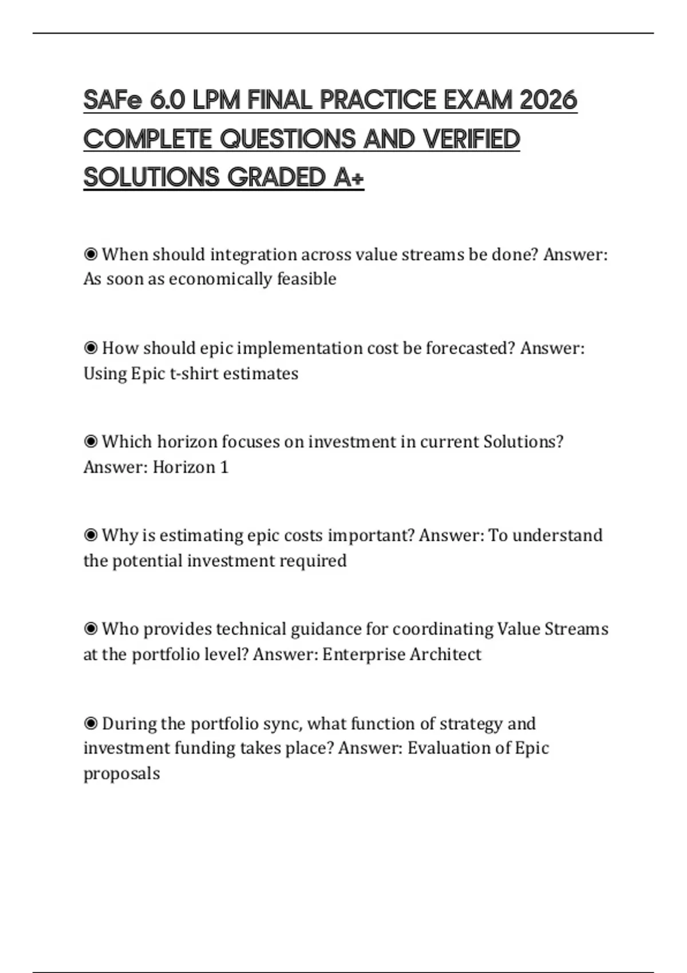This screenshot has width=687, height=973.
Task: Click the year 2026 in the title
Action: [x=548, y=100]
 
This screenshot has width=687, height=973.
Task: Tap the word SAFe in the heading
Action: [x=112, y=100]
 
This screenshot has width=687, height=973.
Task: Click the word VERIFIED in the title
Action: [x=471, y=139]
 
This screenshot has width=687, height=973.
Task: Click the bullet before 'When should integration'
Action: [x=90, y=254]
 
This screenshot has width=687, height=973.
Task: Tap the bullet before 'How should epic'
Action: [x=90, y=348]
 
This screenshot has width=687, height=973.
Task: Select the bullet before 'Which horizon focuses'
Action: [x=90, y=442]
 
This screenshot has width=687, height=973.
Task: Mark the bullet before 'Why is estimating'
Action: [x=90, y=536]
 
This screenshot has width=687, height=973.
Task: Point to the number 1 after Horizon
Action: [x=224, y=468]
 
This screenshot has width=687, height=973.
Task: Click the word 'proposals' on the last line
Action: [x=121, y=774]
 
